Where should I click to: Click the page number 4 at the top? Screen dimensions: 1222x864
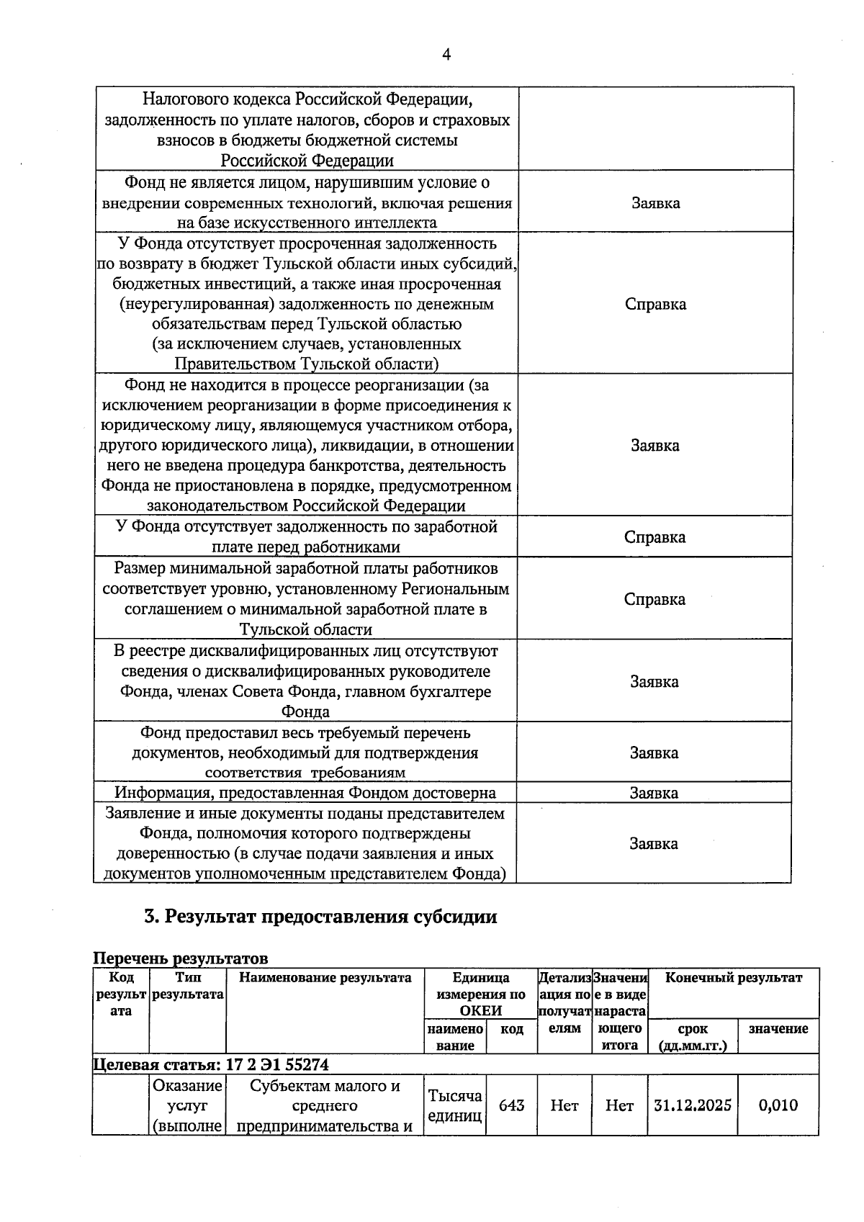(x=446, y=55)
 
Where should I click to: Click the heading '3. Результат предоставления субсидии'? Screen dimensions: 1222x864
(x=320, y=917)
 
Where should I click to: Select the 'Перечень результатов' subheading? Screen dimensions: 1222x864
(x=181, y=958)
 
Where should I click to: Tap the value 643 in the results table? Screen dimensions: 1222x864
(x=511, y=1105)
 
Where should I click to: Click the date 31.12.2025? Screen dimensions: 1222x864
(x=693, y=1105)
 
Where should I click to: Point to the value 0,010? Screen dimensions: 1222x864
(x=778, y=1105)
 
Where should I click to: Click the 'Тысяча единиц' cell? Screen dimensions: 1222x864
(x=454, y=1106)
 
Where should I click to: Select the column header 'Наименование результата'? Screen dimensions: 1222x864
(x=325, y=978)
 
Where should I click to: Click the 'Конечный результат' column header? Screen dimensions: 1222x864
(x=733, y=978)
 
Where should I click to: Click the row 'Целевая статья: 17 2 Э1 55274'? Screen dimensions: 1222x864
(x=211, y=1064)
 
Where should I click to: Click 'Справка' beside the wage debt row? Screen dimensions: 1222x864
(x=654, y=537)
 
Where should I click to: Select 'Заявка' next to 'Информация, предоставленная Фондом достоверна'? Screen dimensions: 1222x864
(x=654, y=793)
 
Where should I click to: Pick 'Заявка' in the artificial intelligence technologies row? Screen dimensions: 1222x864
(x=655, y=203)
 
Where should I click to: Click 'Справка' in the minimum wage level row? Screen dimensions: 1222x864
(x=654, y=599)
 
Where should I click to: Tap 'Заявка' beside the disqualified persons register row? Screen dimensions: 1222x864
(x=654, y=681)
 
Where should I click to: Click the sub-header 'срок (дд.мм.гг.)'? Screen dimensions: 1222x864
(x=692, y=1037)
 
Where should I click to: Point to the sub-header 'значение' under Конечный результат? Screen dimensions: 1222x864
(x=778, y=1029)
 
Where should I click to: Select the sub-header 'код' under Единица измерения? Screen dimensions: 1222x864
(x=511, y=1029)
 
